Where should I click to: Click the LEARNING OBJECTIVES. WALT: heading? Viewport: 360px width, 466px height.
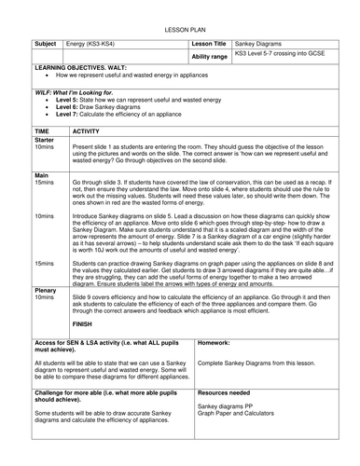point(82,70)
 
